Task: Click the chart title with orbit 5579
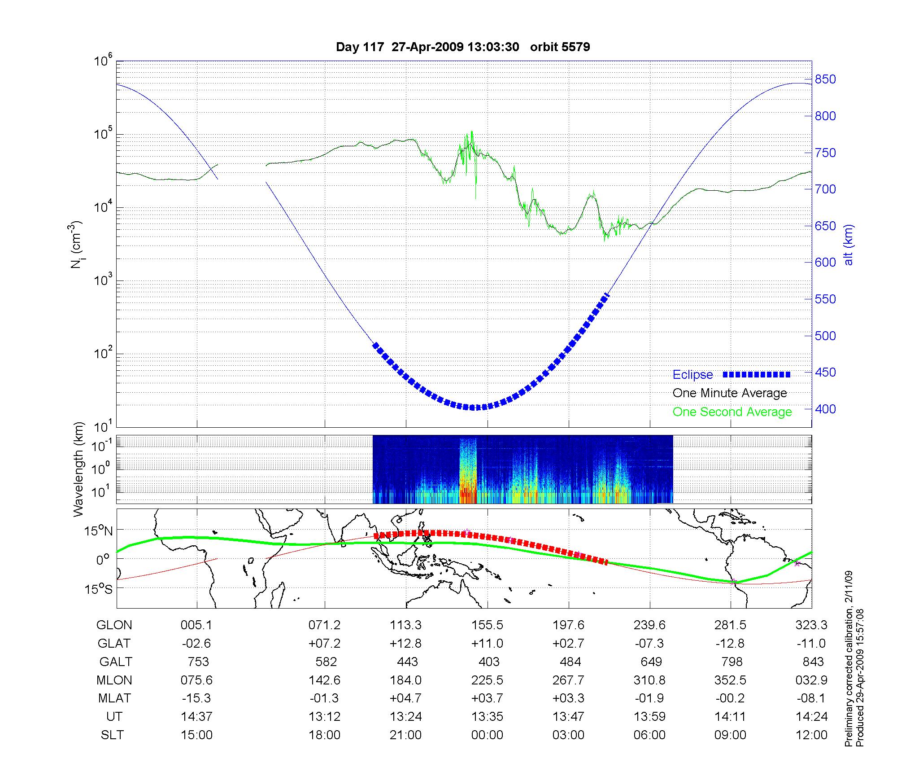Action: click(x=463, y=47)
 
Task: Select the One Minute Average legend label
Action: click(x=730, y=393)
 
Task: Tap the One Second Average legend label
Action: click(x=732, y=412)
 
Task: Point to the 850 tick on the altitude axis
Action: click(x=825, y=79)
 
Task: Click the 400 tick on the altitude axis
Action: click(x=825, y=409)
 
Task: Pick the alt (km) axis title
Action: click(x=849, y=245)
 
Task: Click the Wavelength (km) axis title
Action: click(x=79, y=469)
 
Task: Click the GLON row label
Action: click(x=114, y=625)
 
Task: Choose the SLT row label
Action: click(x=112, y=735)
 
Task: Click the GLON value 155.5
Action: click(x=487, y=625)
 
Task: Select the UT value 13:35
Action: click(x=487, y=717)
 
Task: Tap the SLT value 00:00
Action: click(x=487, y=735)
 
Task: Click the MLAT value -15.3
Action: click(x=196, y=698)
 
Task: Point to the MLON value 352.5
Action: click(x=730, y=680)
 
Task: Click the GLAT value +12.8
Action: click(x=405, y=644)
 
